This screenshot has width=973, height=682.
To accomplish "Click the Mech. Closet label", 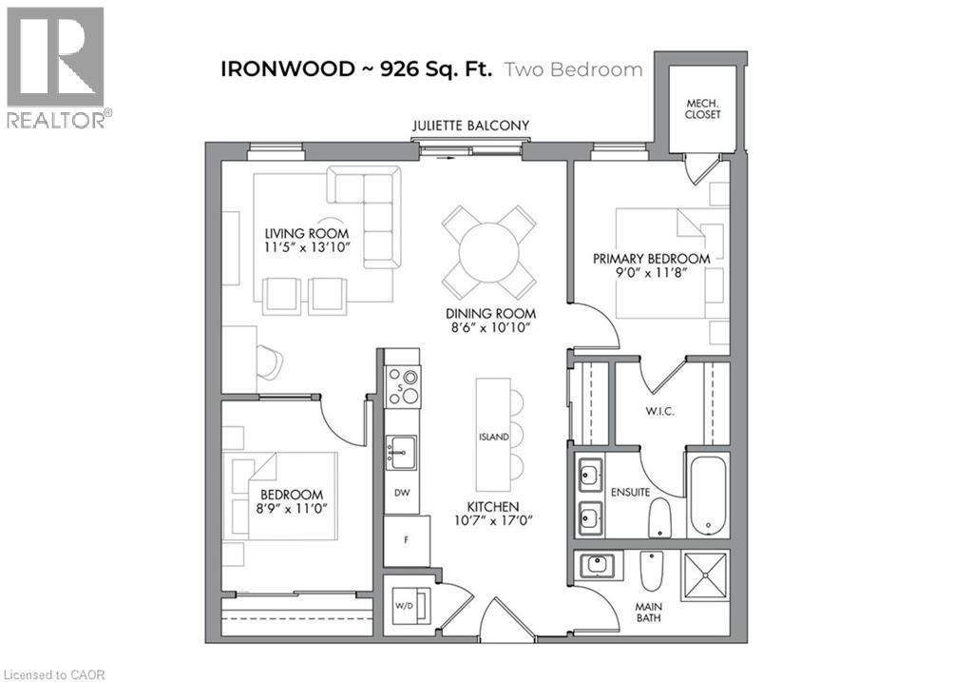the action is click(702, 109).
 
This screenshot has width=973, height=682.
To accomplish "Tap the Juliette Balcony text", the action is click(471, 126).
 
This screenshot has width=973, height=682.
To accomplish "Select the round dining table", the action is click(489, 253).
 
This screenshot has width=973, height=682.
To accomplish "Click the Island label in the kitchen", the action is click(493, 437).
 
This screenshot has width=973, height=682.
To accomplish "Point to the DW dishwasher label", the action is click(402, 493).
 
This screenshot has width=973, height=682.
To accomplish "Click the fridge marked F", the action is click(407, 540).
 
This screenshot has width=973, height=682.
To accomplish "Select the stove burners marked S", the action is click(402, 386).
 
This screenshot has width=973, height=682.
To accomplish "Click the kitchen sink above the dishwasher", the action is click(402, 453).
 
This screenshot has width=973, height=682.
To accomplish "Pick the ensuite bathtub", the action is click(707, 495).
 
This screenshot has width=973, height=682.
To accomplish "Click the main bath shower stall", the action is click(705, 575).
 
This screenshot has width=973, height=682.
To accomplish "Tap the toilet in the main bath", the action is click(652, 571).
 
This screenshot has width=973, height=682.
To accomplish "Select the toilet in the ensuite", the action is click(659, 517).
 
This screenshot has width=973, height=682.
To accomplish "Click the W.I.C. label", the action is click(659, 411).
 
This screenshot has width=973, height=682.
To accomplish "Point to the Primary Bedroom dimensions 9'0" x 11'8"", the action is click(651, 272).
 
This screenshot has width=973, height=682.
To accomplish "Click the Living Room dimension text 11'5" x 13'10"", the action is click(307, 247).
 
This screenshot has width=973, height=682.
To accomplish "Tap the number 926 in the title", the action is click(400, 68).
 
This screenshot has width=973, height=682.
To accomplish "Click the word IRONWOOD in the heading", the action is click(288, 68).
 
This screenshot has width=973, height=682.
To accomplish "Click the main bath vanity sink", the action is click(597, 565).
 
